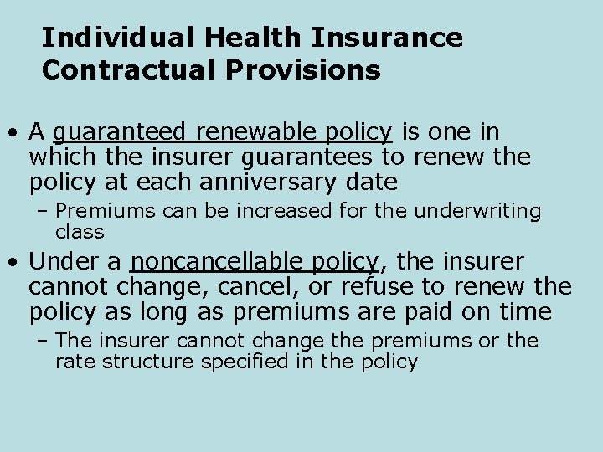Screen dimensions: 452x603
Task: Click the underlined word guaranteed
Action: (x=120, y=133)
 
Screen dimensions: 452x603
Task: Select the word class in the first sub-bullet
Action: (x=80, y=231)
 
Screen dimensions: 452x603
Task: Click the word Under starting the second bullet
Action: (x=64, y=262)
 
